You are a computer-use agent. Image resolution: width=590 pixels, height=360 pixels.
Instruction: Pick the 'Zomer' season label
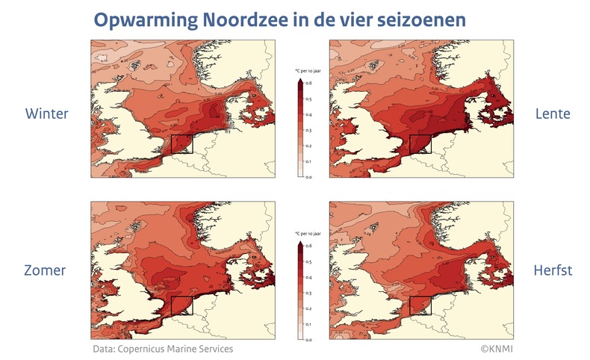click(46, 270)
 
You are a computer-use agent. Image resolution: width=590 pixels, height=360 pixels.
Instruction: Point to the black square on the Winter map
click(181, 145)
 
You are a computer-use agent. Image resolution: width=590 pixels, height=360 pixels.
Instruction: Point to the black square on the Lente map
click(421, 145)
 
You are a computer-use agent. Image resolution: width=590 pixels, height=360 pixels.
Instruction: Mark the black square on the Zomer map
click(181, 305)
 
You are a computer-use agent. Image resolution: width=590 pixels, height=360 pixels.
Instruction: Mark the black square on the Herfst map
click(421, 305)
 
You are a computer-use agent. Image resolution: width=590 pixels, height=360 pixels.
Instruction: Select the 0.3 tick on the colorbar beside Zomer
click(310, 293)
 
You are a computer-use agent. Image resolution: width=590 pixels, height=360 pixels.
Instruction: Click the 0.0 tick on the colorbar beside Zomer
click(310, 339)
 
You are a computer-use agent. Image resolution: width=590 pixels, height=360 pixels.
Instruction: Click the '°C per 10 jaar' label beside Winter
click(306, 70)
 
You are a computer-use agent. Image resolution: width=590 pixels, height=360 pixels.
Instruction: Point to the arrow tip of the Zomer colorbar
click(299, 241)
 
